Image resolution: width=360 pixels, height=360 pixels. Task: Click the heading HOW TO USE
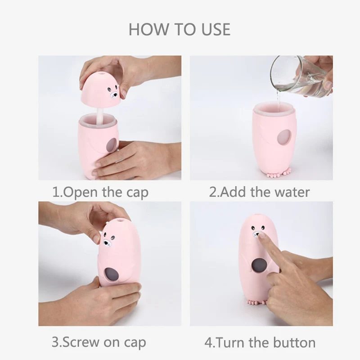click(180, 29)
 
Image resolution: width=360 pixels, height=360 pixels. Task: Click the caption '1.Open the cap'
click(100, 193)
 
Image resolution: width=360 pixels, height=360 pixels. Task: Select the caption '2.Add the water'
click(260, 192)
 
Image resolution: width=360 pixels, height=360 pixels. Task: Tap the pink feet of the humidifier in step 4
click(255, 311)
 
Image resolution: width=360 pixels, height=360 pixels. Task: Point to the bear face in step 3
click(107, 241)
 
